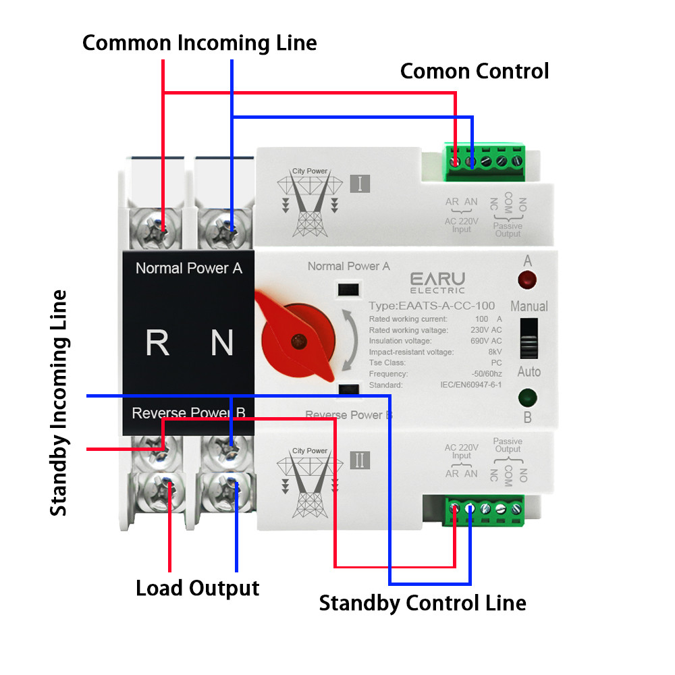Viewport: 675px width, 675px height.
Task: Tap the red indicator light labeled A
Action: (x=526, y=278)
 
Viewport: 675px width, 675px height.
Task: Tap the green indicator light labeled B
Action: (x=526, y=397)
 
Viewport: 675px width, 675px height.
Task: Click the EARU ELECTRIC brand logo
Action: (x=437, y=282)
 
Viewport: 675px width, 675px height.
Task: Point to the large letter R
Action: (x=157, y=343)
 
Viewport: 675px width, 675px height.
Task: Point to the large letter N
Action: (x=222, y=343)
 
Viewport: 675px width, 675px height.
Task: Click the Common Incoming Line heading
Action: (x=199, y=43)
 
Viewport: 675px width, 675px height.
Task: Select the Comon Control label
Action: (x=475, y=71)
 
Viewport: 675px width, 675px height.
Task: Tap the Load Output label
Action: (x=197, y=588)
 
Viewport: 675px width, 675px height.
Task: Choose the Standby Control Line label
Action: (x=423, y=603)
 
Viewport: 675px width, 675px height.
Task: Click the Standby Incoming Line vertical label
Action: (x=59, y=403)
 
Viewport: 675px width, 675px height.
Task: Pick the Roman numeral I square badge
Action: (x=359, y=184)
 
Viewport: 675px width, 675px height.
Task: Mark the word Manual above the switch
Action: (x=529, y=306)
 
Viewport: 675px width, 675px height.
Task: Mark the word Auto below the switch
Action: (x=529, y=372)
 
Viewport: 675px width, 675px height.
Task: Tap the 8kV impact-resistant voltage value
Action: (x=493, y=352)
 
